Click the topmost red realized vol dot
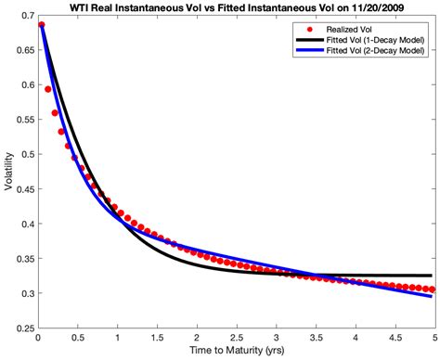click(x=42, y=25)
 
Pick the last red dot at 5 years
click(x=432, y=289)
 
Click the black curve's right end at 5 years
click(x=432, y=276)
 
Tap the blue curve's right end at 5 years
click(x=432, y=296)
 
